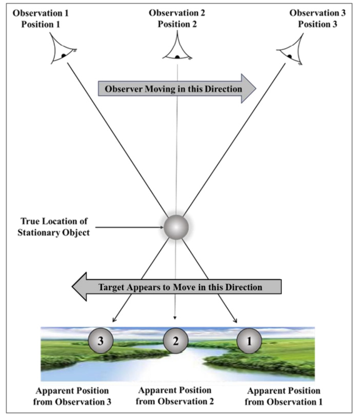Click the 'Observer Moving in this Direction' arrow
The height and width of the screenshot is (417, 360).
176,89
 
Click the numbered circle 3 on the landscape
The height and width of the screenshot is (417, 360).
100,340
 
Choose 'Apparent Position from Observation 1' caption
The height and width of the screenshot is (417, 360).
283,396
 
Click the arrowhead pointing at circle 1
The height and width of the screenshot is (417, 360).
235,320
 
